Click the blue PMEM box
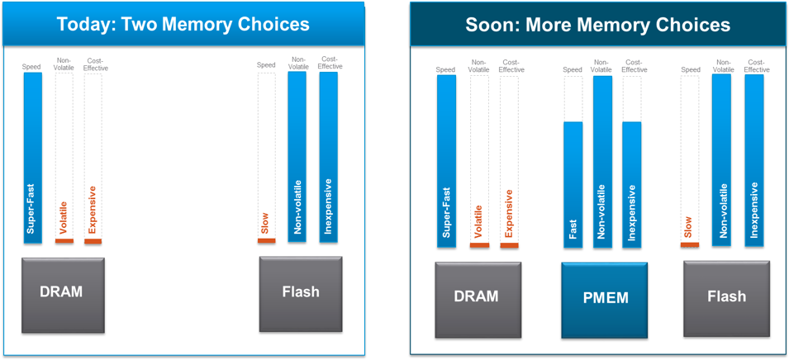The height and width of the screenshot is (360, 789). [x=604, y=299]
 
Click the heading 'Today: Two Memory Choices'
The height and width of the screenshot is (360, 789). [x=183, y=24]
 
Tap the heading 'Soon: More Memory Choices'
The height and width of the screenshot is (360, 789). [x=597, y=25]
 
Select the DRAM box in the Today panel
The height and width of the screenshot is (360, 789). [x=63, y=294]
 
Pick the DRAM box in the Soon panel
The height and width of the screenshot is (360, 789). [x=477, y=297]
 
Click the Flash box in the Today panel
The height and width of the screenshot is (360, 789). [x=301, y=292]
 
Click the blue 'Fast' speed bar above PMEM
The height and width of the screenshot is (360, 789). [x=573, y=183]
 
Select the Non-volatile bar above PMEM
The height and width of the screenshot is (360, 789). [x=602, y=161]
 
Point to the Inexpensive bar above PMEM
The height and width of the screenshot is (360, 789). [x=632, y=183]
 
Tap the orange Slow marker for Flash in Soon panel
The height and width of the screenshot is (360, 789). [x=691, y=244]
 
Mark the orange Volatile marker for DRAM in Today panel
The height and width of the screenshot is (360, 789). [x=64, y=241]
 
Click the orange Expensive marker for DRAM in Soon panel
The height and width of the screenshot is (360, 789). [x=509, y=245]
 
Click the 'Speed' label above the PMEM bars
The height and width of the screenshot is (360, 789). [x=573, y=70]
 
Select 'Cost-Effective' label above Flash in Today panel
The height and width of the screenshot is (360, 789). [x=329, y=63]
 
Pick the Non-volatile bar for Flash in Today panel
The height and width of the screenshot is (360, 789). [x=297, y=157]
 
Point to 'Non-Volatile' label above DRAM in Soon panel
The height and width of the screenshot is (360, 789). [x=478, y=66]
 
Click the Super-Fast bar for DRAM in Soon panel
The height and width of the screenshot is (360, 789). [x=446, y=161]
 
